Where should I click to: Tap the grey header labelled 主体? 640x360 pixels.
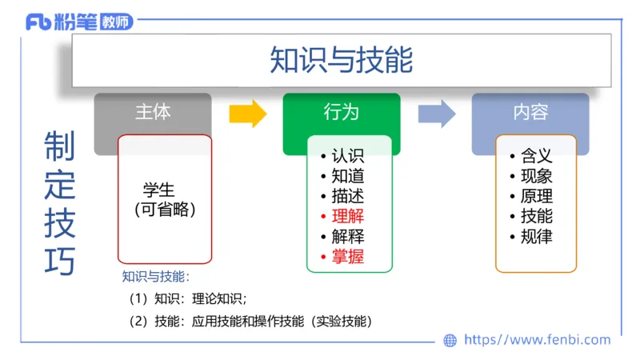(x=153, y=112)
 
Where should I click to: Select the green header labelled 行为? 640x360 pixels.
(x=342, y=112)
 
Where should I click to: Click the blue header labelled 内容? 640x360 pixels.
(x=530, y=112)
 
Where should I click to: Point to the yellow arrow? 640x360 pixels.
(x=247, y=114)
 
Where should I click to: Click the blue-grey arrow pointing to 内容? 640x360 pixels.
(x=436, y=114)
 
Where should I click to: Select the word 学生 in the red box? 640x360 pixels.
(x=159, y=190)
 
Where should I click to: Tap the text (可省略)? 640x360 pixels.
(x=165, y=210)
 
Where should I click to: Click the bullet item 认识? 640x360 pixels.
(x=347, y=156)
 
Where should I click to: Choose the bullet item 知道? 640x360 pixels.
(x=347, y=176)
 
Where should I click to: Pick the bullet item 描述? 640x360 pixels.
(x=347, y=196)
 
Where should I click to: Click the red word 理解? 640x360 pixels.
(x=347, y=216)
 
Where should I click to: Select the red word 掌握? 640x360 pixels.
(x=347, y=257)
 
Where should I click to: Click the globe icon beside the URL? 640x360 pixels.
(x=450, y=340)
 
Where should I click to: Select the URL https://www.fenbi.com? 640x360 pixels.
(x=537, y=340)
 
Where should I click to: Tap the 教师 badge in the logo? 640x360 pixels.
(x=116, y=22)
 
